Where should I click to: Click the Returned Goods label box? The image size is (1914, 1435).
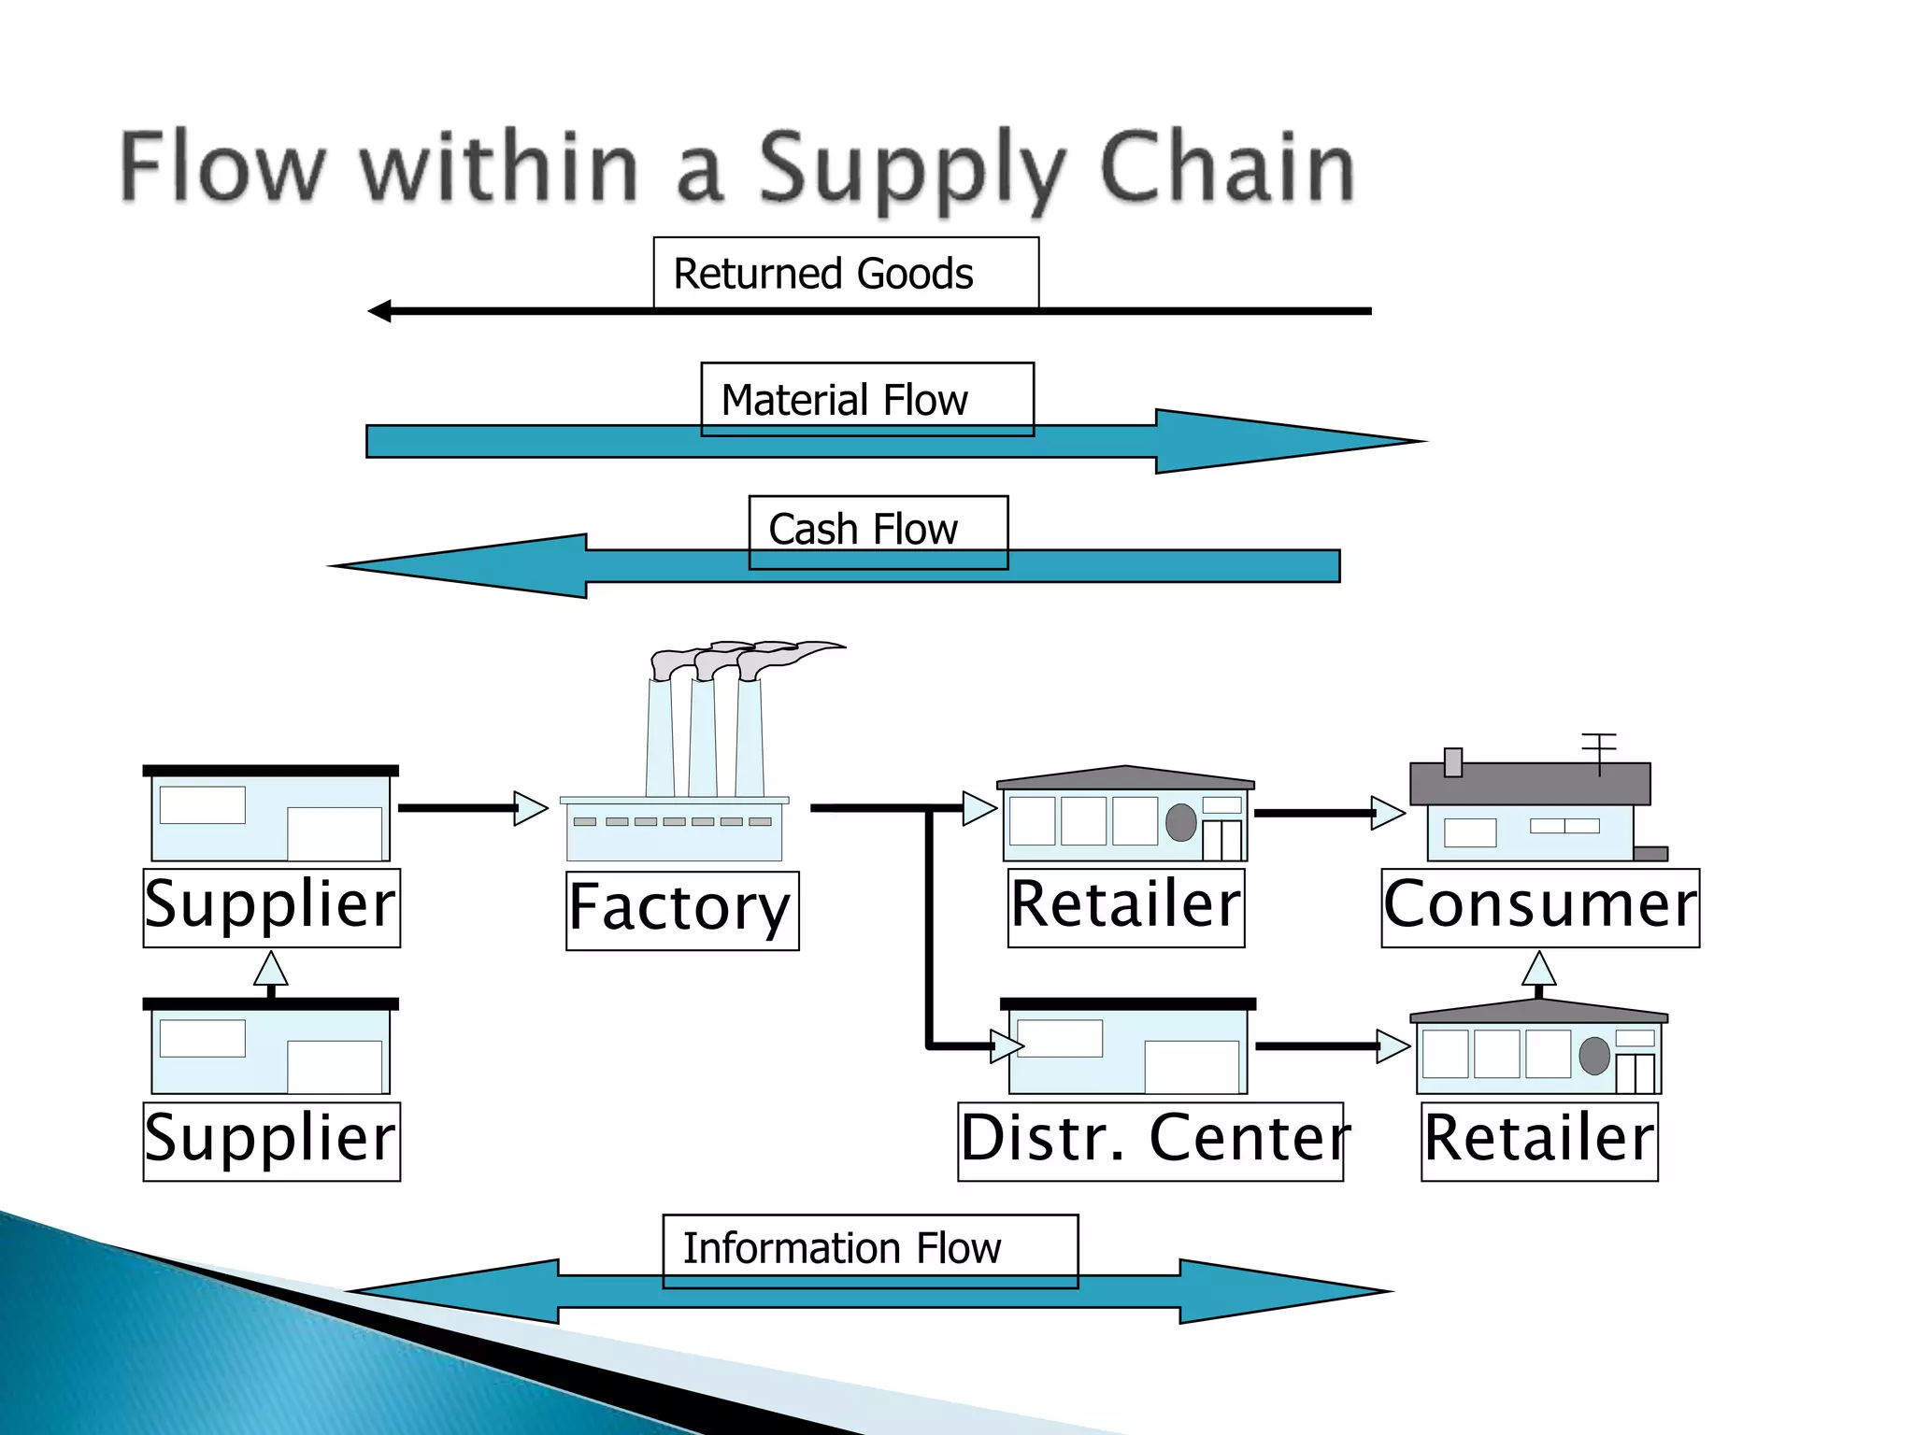845,273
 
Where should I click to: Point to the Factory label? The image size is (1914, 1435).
681,910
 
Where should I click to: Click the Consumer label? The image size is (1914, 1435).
1539,907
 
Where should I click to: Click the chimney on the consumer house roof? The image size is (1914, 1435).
1452,762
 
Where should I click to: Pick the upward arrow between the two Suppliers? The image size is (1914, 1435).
271,973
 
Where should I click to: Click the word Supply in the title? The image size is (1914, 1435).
910,169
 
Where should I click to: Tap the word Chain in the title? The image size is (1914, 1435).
1226,167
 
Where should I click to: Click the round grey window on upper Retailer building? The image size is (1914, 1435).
1180,822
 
